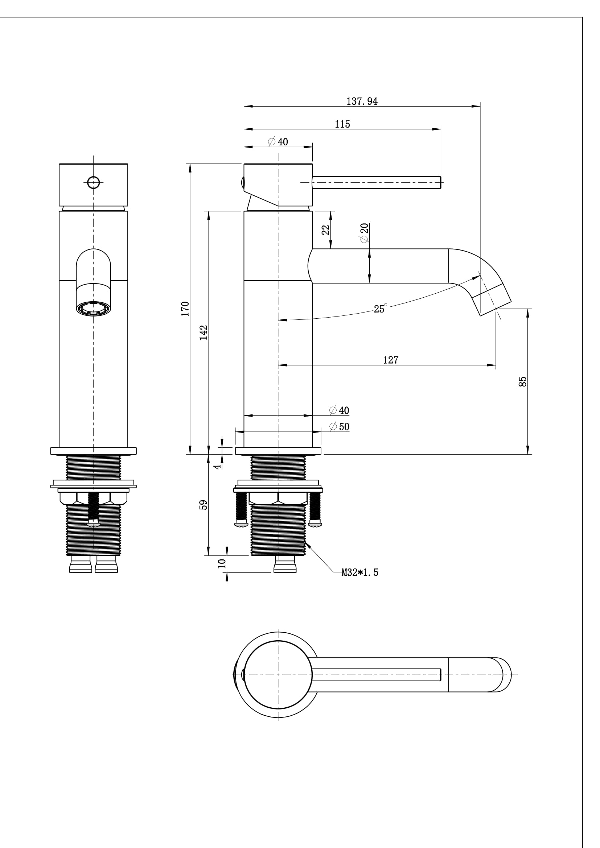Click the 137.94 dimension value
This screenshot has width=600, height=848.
[x=362, y=101]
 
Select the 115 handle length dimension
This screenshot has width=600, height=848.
[x=342, y=124]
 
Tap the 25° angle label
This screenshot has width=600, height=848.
[x=380, y=309]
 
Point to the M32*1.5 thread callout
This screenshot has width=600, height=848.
[x=359, y=572]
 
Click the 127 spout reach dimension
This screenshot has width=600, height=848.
[x=390, y=359]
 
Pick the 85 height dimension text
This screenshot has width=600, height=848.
[x=522, y=381]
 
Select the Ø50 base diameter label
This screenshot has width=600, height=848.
[x=339, y=427]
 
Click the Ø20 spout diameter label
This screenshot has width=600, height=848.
[x=364, y=233]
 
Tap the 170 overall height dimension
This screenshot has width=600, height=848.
[x=185, y=309]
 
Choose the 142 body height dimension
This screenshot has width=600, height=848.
[x=204, y=332]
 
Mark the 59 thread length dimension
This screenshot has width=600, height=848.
[x=204, y=505]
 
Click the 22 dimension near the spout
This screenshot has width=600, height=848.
[x=325, y=230]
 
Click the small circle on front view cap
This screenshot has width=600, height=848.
[x=94, y=182]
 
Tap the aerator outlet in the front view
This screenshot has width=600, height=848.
[x=94, y=309]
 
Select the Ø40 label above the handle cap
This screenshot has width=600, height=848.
[x=278, y=142]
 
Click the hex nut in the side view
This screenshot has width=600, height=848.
[x=278, y=498]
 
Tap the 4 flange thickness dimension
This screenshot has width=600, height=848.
[x=218, y=466]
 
